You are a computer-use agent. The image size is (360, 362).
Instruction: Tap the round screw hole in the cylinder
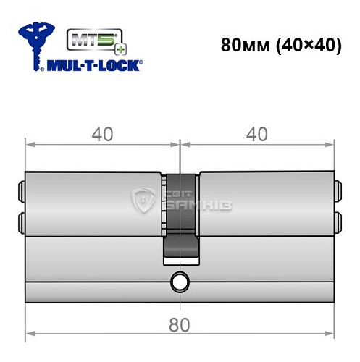click(179, 282)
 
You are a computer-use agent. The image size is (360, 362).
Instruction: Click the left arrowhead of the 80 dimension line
click(30, 334)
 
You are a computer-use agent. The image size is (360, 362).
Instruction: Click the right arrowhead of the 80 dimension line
click(331, 334)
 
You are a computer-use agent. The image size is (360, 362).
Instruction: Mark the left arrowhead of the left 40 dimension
click(30, 144)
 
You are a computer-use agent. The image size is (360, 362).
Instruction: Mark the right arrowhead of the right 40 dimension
click(331, 144)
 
